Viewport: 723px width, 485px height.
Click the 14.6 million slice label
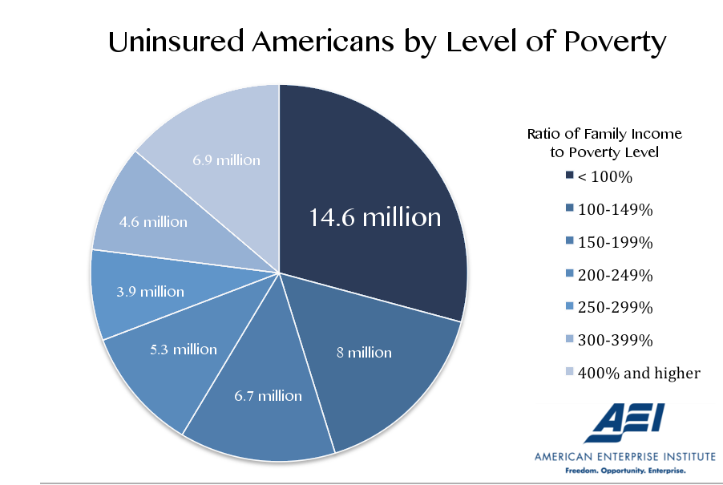[x=375, y=217]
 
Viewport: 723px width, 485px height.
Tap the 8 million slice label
[x=365, y=353]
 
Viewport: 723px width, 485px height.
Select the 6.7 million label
[x=268, y=396]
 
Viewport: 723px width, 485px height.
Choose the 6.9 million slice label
[x=226, y=160]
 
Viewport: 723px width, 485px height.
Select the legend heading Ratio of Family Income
[x=604, y=134]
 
